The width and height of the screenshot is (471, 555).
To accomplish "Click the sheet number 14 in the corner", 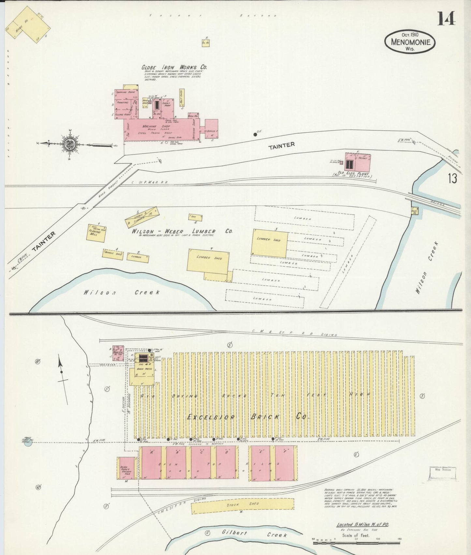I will [x=446, y=19].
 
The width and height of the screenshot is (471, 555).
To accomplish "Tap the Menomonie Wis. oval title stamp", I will [x=410, y=42].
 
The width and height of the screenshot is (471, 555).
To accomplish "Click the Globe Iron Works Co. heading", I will [x=174, y=67].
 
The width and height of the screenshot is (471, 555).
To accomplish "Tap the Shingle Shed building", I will [x=113, y=254].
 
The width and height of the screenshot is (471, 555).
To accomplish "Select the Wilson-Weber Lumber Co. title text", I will [x=182, y=231].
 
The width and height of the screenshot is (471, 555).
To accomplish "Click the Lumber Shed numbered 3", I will [x=270, y=244].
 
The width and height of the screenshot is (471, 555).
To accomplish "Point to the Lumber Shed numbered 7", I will [x=208, y=262].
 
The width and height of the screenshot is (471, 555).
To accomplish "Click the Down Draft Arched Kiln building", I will [x=126, y=468].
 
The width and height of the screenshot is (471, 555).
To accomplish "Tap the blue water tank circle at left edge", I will [x=28, y=442].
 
